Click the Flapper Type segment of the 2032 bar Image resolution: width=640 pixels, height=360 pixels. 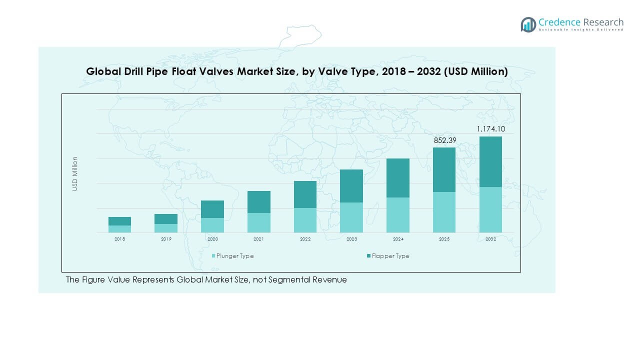(490, 161)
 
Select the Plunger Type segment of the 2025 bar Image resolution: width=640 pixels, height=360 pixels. (444, 212)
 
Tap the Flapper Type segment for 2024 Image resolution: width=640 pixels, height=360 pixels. (397, 178)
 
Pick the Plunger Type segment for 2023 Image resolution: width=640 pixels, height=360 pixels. (351, 217)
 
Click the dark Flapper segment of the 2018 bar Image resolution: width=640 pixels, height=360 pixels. (119, 221)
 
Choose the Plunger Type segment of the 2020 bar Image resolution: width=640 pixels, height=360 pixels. (212, 225)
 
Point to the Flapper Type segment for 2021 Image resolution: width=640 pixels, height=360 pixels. (258, 202)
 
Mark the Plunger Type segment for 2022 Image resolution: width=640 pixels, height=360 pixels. (305, 220)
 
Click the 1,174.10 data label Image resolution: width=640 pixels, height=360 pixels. (491, 129)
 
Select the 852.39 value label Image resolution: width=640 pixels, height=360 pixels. (444, 140)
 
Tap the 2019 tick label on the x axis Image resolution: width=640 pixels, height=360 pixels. (166, 239)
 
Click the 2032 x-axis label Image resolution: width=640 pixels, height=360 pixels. (490, 239)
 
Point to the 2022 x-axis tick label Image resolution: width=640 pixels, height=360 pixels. (305, 239)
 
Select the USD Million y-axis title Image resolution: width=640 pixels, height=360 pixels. (75, 173)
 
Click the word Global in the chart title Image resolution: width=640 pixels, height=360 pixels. (103, 72)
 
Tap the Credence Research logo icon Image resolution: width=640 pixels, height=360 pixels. (528, 24)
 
